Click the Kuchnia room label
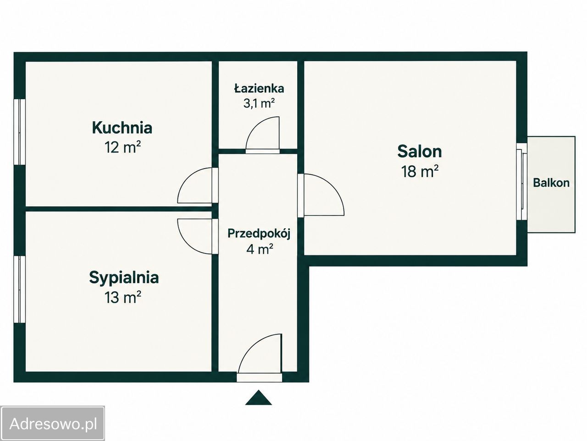click(122, 128)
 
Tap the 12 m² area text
click(122, 147)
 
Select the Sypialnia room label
click(124, 278)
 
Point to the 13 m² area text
click(123, 297)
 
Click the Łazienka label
click(259, 88)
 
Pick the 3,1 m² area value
click(259, 103)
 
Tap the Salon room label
click(420, 151)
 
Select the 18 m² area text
click(420, 171)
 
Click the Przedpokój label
click(259, 234)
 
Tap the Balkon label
click(551, 183)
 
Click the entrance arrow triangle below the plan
click(258, 397)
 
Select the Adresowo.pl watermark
click(52, 424)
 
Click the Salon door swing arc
click(334, 187)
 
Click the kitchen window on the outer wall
click(20, 132)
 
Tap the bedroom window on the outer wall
click(20, 289)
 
